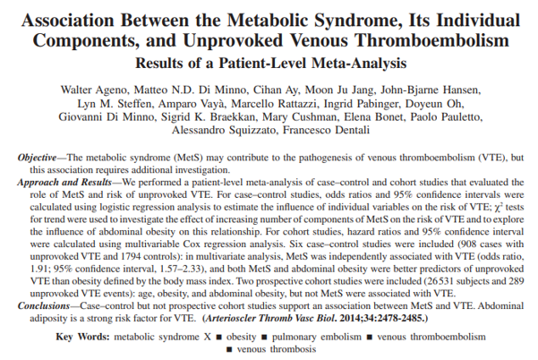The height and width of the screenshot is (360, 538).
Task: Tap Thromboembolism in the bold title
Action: click(x=432, y=40)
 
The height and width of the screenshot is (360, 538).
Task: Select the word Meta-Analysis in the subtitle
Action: click(x=359, y=64)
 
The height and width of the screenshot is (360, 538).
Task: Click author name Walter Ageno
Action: click(x=94, y=90)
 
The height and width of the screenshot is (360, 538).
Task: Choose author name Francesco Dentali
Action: click(x=327, y=131)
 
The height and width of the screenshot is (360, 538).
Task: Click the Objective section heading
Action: click(x=37, y=158)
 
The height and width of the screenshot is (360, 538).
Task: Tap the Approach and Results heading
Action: click(x=64, y=183)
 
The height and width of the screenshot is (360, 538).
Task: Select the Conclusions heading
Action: click(x=44, y=305)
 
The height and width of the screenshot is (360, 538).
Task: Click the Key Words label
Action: click(x=82, y=337)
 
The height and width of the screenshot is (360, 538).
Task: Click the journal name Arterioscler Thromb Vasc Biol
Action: click(x=269, y=318)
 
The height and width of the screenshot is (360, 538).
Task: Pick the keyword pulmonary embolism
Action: click(x=317, y=337)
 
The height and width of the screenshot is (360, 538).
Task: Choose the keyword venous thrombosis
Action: click(x=277, y=349)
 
